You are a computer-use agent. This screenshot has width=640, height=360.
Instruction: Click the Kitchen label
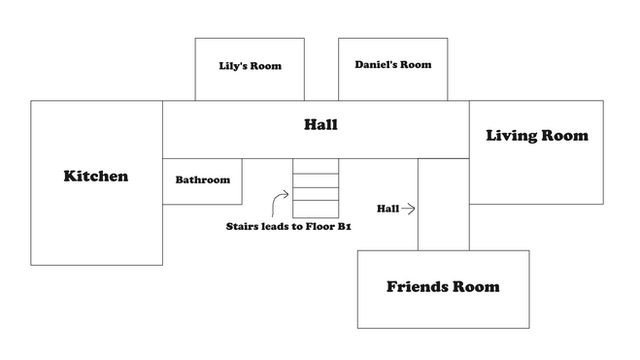96,176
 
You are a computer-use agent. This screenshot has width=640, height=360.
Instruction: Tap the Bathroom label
203,180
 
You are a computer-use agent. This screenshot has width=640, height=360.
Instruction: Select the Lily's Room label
250,66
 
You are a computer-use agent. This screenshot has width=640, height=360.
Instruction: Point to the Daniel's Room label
393,64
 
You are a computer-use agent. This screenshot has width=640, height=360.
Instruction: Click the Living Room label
537,136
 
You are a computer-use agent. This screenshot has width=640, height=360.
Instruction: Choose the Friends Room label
443,287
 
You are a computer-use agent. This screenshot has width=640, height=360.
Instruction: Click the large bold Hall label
321,124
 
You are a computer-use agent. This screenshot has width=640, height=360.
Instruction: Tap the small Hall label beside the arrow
388,209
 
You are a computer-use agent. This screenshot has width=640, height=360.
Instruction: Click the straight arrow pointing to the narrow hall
408,209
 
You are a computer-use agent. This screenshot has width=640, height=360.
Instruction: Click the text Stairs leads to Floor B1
289,226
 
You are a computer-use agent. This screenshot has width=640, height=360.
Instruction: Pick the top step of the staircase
316,166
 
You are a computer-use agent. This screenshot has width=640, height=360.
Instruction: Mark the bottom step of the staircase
316,209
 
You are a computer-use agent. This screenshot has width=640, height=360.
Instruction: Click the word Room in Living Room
565,135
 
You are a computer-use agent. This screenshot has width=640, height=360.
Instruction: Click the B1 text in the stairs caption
344,226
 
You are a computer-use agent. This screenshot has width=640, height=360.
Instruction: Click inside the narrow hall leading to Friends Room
444,204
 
